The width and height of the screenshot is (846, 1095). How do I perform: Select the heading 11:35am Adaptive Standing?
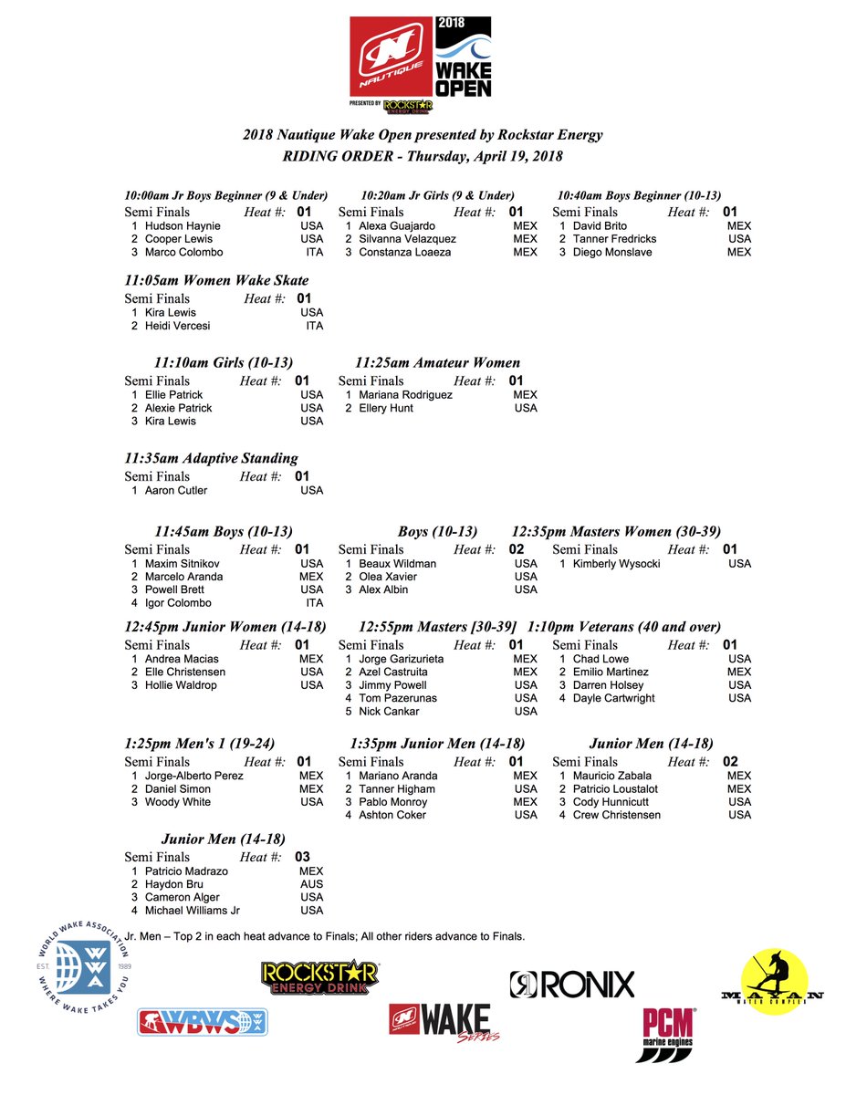click(x=211, y=458)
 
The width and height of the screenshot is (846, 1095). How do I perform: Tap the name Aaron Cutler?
click(x=176, y=491)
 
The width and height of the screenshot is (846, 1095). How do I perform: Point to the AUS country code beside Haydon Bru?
click(x=311, y=884)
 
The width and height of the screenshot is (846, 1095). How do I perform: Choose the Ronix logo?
click(x=571, y=984)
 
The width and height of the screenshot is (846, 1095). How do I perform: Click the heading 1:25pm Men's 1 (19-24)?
click(x=199, y=744)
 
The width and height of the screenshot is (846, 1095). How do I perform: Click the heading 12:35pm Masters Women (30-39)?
click(x=616, y=531)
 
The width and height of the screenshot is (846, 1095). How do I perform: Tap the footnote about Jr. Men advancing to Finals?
click(x=324, y=936)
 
